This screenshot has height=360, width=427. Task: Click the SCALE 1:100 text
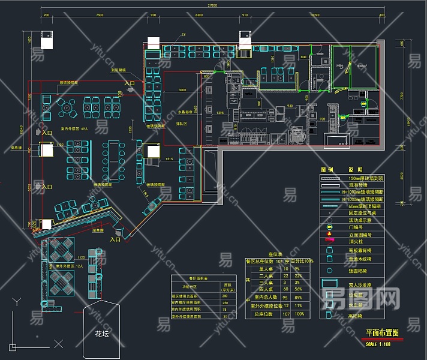377,343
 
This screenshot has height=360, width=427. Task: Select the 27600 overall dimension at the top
212,5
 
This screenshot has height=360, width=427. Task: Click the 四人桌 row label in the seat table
260,289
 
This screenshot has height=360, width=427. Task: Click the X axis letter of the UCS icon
58,344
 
